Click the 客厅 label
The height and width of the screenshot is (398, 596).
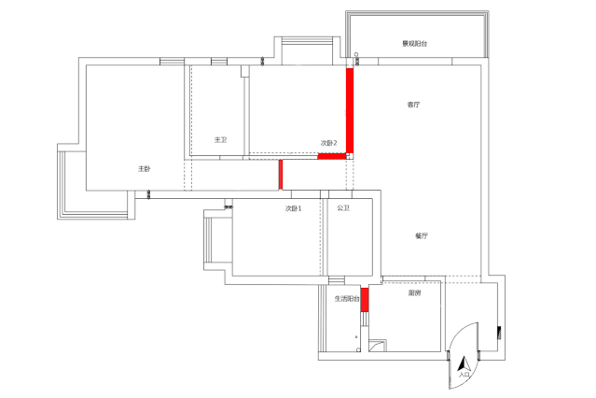413,105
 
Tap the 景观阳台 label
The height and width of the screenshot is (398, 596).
415,43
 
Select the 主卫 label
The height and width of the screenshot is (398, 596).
220,140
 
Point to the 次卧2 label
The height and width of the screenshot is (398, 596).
329,143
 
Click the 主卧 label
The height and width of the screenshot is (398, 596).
145,168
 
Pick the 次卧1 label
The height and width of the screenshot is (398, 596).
294,208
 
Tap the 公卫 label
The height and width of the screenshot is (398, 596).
343,208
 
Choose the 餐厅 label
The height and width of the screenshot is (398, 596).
422,235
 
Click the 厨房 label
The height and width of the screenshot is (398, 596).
414,292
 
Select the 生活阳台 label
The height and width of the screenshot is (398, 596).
347,299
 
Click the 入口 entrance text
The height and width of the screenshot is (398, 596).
464,375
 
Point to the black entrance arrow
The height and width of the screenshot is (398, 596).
464,363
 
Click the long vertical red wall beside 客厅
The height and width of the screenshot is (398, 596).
350,111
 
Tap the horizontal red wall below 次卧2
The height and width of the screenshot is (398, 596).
332,156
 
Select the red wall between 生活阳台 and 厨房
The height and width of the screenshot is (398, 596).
365,300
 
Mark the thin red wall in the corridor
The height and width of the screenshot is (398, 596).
281,175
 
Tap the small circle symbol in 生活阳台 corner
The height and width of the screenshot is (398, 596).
358,349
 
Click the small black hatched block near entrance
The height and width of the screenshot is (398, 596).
499,333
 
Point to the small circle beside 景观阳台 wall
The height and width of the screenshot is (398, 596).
356,54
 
